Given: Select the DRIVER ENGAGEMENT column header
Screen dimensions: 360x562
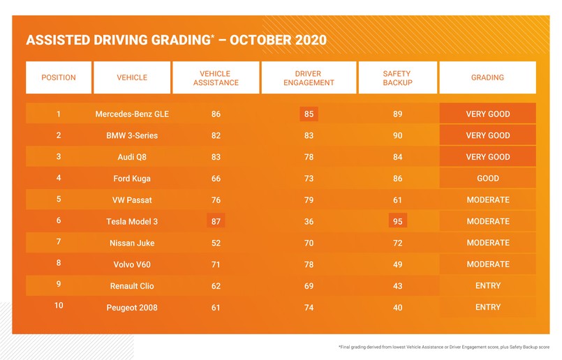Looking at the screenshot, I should [x=309, y=77].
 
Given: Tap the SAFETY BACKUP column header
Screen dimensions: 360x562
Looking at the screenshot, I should [x=398, y=77].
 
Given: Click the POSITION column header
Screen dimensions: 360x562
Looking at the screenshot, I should [x=59, y=77].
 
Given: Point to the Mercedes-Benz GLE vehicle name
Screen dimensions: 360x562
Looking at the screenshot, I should [x=132, y=114].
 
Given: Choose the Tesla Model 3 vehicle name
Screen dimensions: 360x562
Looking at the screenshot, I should [x=132, y=221].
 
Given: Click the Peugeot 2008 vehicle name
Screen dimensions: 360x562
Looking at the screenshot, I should [x=132, y=308].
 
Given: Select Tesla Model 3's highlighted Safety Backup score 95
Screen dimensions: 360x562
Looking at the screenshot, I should [x=398, y=221].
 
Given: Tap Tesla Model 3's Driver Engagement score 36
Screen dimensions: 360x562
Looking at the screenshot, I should [x=309, y=221].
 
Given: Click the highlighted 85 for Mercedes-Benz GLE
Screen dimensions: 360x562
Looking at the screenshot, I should [x=309, y=114].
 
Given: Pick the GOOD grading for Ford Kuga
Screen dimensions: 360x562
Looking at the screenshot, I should [x=488, y=179].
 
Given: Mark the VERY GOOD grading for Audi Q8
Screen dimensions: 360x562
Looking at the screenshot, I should [x=488, y=157].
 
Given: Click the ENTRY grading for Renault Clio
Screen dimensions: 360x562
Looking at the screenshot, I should [x=488, y=286].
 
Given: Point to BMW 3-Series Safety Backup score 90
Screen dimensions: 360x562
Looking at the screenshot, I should [x=398, y=135].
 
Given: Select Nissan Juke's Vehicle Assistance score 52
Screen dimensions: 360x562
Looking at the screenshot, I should [x=216, y=243].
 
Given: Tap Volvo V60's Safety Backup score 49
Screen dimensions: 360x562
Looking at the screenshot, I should [x=398, y=264].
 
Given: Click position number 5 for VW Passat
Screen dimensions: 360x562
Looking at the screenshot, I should [x=59, y=200].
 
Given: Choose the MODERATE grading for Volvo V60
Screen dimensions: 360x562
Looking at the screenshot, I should [x=488, y=264].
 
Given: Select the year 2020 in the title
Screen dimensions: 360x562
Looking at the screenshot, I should [x=304, y=40].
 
